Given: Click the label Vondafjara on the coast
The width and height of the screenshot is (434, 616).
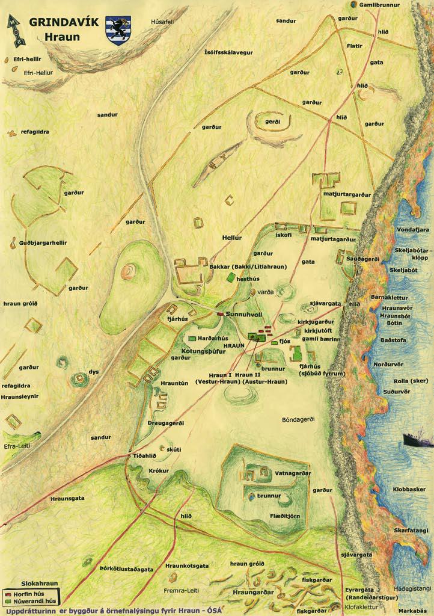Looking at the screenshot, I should pyautogui.click(x=412, y=229).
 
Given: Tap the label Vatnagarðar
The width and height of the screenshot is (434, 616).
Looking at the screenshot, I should pyautogui.click(x=293, y=473).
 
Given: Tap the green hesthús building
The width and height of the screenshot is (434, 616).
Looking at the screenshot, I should pyautogui.click(x=231, y=277).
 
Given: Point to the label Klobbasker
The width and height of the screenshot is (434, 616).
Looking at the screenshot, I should pyautogui.click(x=409, y=490).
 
